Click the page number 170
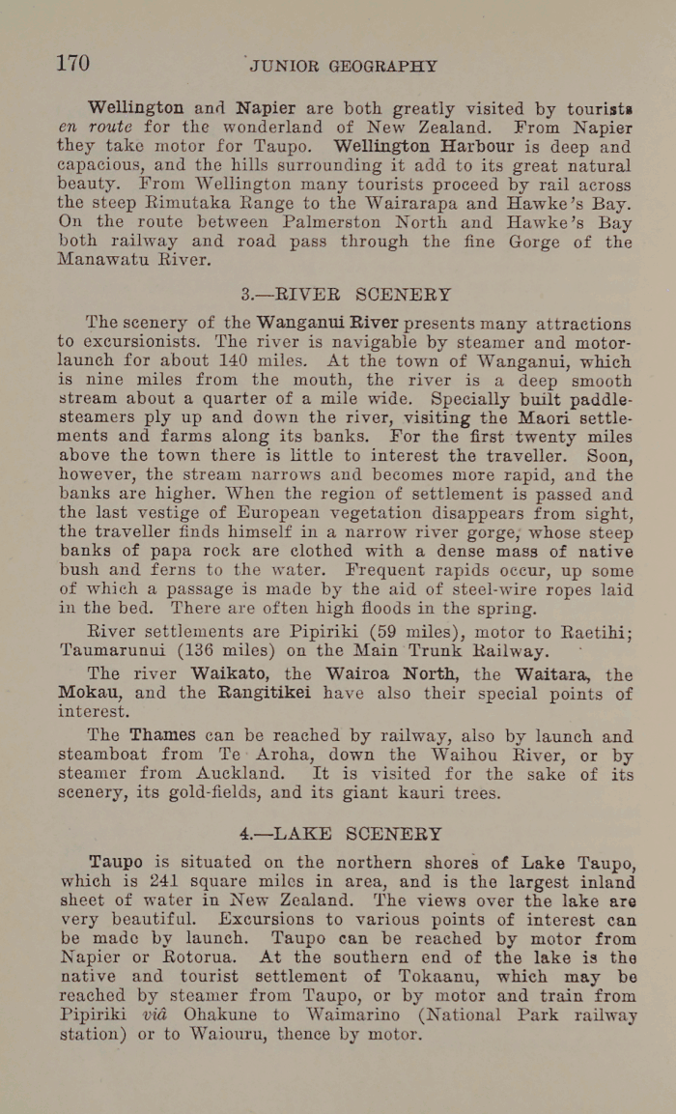(x=73, y=64)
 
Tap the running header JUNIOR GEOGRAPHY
(x=344, y=66)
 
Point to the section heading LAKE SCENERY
(x=341, y=834)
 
